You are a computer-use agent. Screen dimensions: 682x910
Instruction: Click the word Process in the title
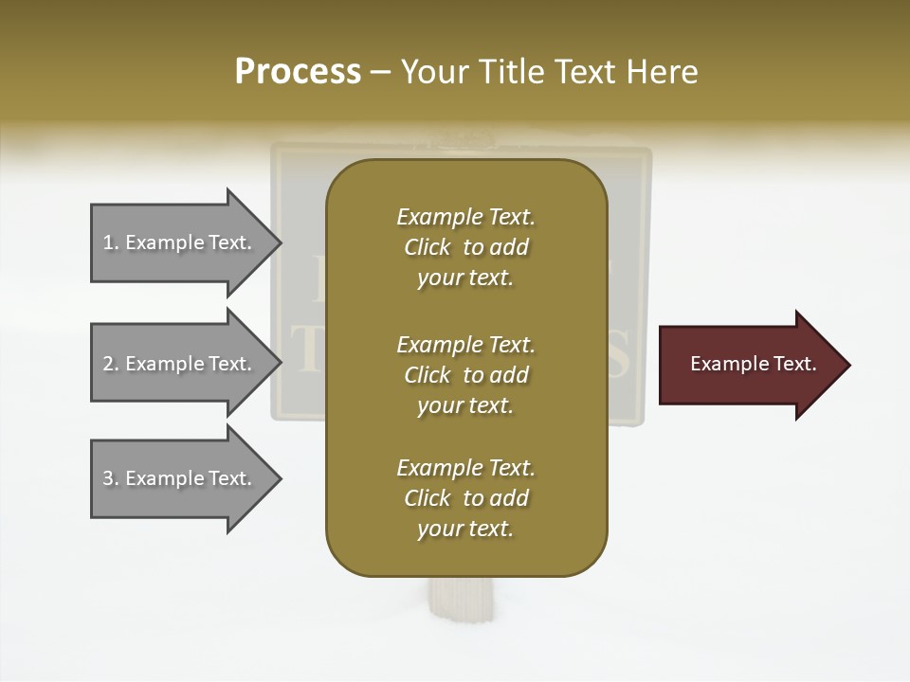[x=298, y=72]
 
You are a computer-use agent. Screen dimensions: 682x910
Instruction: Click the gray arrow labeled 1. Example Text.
[x=180, y=242]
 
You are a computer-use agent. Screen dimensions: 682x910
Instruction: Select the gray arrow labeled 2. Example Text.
[x=180, y=364]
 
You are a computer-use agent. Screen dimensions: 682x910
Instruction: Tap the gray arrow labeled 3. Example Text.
[x=180, y=478]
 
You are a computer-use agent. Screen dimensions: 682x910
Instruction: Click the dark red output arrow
[x=749, y=364]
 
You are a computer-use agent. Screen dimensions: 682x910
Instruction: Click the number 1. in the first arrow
[x=111, y=242]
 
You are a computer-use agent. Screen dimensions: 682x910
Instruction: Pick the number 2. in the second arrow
[x=111, y=364]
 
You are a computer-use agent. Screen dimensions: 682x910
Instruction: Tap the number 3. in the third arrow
[x=111, y=478]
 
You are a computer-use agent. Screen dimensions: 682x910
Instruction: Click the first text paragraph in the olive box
[x=465, y=247]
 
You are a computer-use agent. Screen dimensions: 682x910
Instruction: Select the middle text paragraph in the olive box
[x=465, y=374]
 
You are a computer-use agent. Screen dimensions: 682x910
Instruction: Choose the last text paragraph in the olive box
[x=465, y=498]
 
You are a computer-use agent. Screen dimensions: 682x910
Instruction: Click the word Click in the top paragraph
[x=428, y=247]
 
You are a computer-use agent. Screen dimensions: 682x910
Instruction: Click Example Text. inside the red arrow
[x=753, y=364]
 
